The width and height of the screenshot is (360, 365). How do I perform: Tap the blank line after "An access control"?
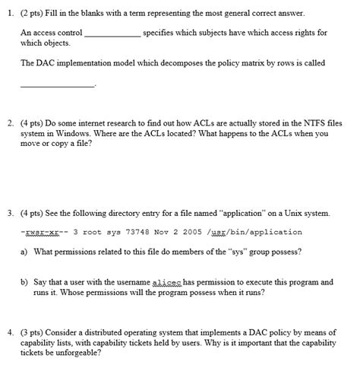tap(112, 36)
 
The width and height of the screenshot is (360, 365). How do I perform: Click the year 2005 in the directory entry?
tap(207, 232)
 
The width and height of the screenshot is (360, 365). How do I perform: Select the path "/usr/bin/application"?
tap(264, 232)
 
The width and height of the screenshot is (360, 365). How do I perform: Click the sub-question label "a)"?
tap(25, 252)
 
